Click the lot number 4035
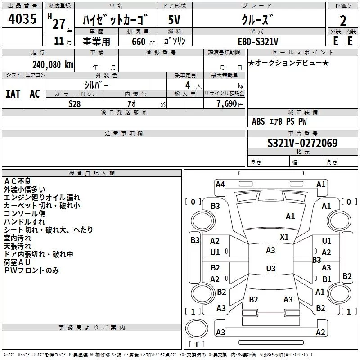(22, 18)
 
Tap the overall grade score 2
(343, 21)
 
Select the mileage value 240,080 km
(53, 65)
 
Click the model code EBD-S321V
(258, 41)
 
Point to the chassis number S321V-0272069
(302, 143)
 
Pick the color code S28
(75, 104)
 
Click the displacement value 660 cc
(143, 41)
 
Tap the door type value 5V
(174, 20)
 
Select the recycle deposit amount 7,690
(227, 104)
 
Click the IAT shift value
(13, 94)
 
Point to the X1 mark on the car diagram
(284, 237)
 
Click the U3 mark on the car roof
(271, 268)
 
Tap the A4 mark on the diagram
(220, 184)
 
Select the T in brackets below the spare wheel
(197, 344)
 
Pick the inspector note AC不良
(18, 181)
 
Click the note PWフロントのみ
(31, 270)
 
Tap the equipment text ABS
(258, 121)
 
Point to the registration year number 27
(59, 24)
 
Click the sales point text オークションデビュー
(288, 63)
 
